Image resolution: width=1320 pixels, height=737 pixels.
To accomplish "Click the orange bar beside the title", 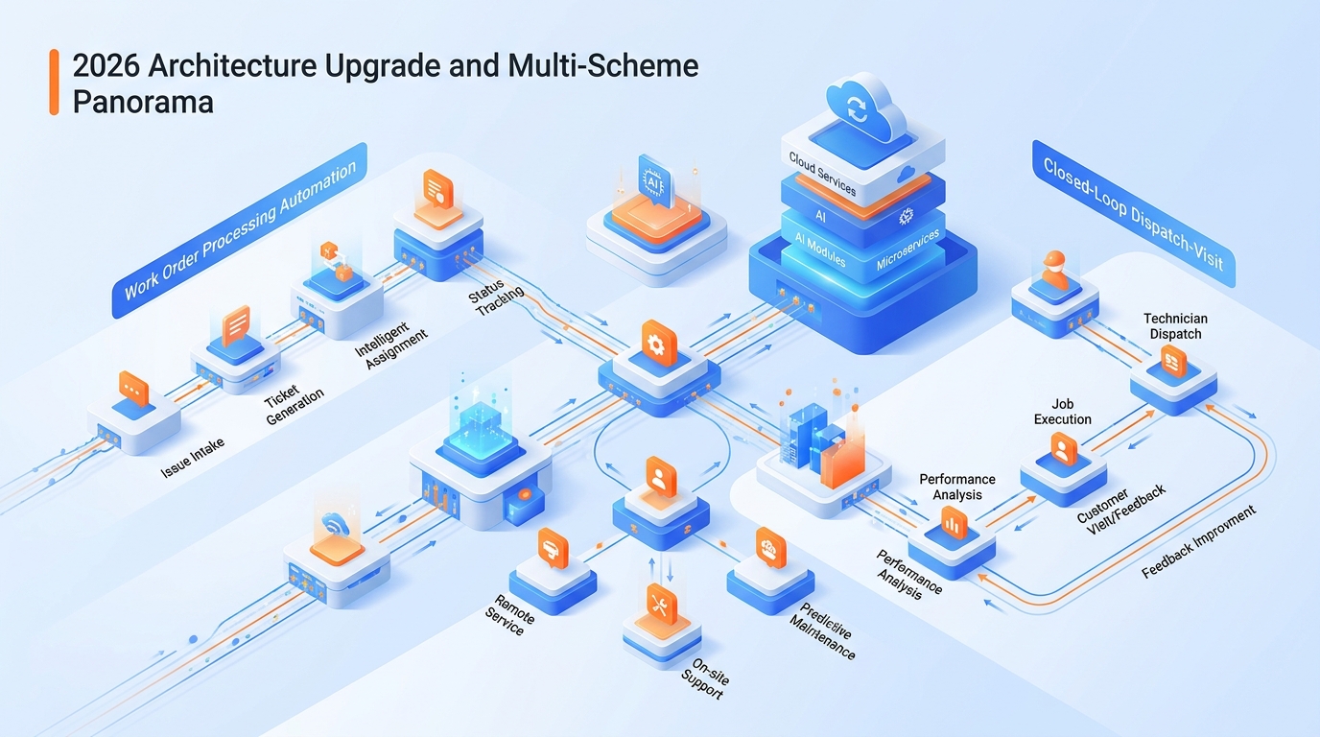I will [x=54, y=83].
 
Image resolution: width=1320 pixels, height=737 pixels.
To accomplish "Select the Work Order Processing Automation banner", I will [x=240, y=230].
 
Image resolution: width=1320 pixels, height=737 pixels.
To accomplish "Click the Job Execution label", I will [x=1062, y=412].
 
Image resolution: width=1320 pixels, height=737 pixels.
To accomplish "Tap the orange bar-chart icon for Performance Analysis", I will [x=954, y=522].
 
